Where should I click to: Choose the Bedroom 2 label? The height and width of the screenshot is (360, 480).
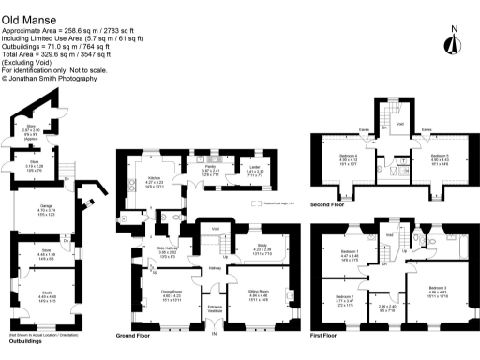coord(342,299)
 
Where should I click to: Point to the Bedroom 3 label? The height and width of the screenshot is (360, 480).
coord(439,287)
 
